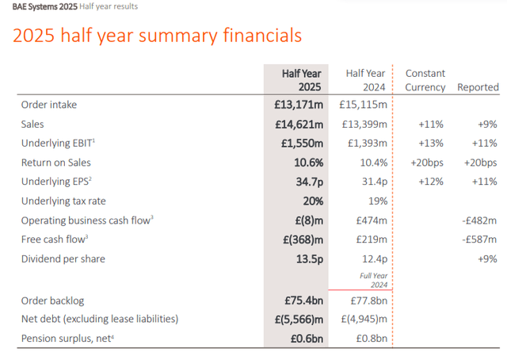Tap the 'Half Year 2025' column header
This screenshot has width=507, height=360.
[x=301, y=80]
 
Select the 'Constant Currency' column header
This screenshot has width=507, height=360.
[x=425, y=80]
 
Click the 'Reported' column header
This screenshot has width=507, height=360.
[x=478, y=87]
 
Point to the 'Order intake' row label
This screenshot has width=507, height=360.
[x=49, y=105]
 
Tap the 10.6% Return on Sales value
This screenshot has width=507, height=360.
[x=305, y=163]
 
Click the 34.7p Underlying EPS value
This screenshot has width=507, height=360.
[x=306, y=182]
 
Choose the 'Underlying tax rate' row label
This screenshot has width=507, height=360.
[x=63, y=201]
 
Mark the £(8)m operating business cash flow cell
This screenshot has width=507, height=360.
[x=305, y=220]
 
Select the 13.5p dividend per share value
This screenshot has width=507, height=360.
[x=306, y=258]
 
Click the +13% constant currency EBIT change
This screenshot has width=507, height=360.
[x=429, y=143]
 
